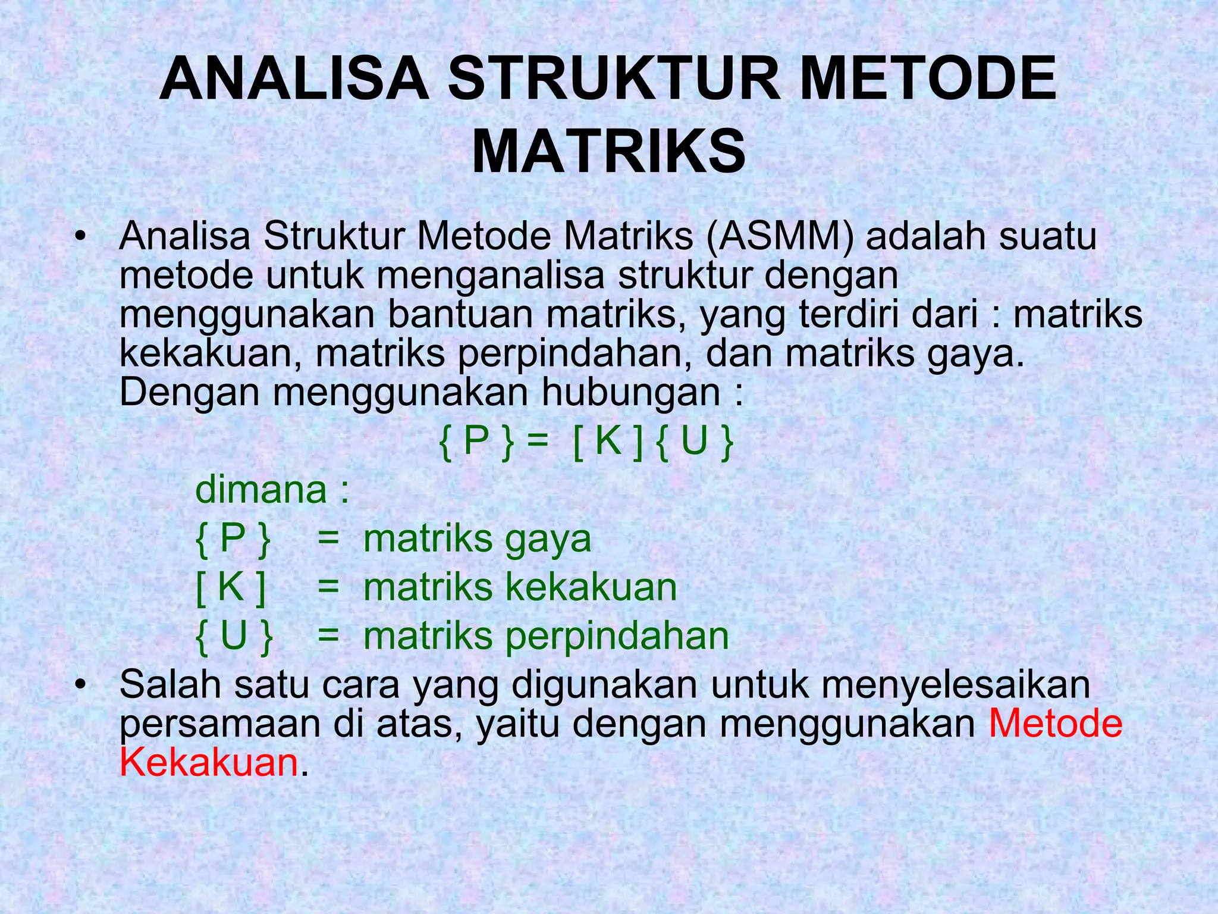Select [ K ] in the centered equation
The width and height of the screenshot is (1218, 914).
[608, 442]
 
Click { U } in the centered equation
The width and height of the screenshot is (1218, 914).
[695, 442]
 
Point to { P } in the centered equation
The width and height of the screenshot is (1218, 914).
[476, 442]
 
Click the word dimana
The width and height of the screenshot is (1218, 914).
[261, 490]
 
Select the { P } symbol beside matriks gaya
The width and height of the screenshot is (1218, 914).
[233, 539]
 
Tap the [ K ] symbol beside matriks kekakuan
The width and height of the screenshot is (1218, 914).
[231, 587]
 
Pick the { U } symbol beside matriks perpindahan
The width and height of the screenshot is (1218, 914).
[234, 636]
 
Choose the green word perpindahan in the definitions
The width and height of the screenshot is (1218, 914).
[617, 637]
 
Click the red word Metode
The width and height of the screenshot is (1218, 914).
[1055, 724]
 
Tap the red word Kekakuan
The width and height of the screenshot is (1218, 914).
[209, 762]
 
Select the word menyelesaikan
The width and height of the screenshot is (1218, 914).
[949, 685]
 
